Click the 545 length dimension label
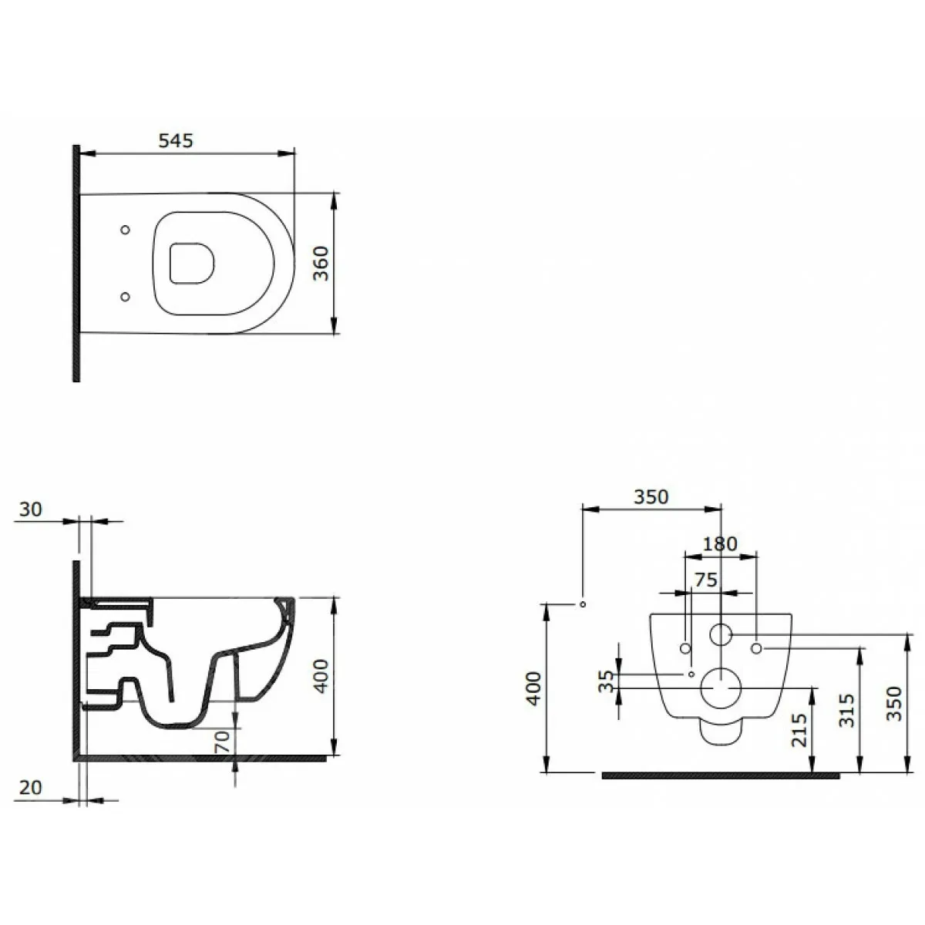(175, 140)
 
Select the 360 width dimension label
(321, 263)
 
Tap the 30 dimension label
(31, 510)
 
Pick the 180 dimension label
(719, 544)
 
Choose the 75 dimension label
(705, 580)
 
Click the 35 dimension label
(607, 681)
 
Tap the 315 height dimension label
(847, 710)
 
